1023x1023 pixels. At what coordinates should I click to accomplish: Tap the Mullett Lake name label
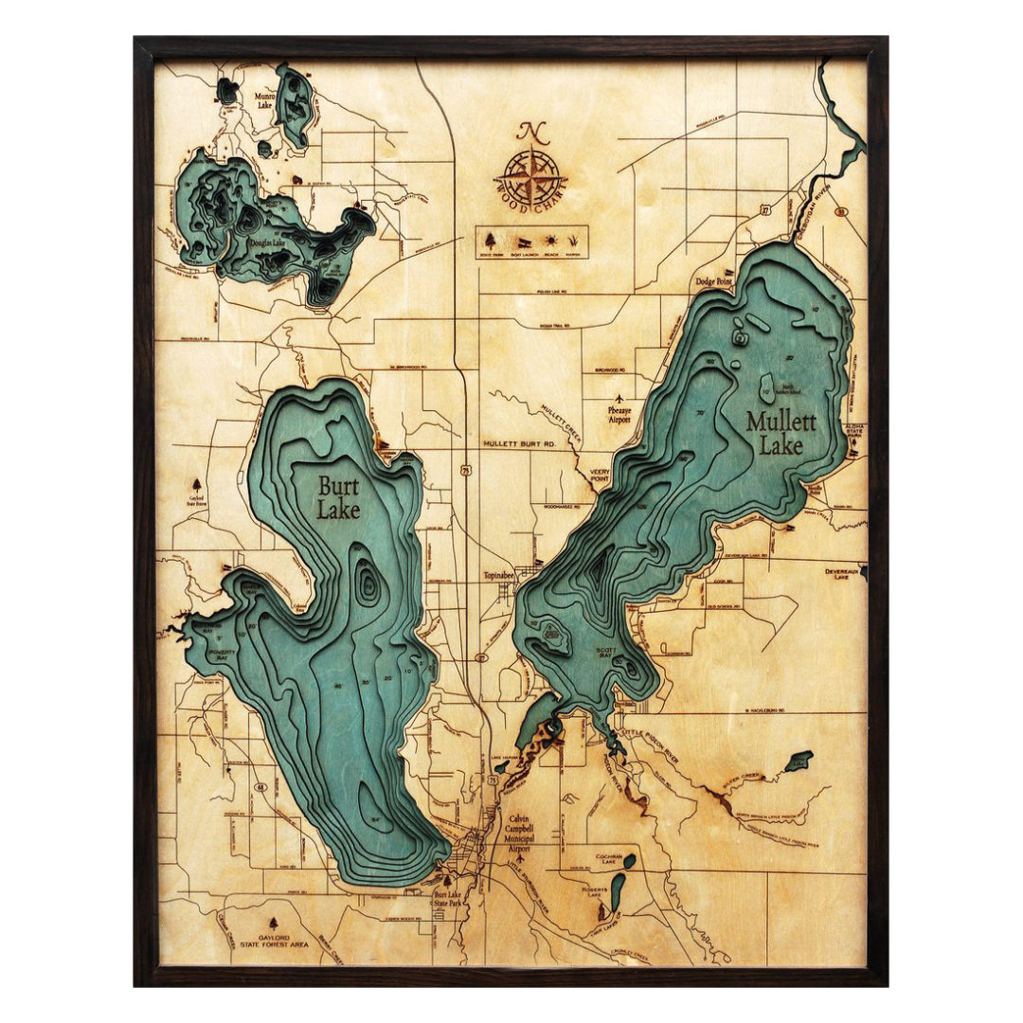coord(780,433)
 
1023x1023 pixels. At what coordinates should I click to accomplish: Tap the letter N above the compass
coord(533,132)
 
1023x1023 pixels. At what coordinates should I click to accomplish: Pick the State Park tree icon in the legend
coord(492,238)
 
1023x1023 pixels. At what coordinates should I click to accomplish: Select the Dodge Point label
coord(715,281)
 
